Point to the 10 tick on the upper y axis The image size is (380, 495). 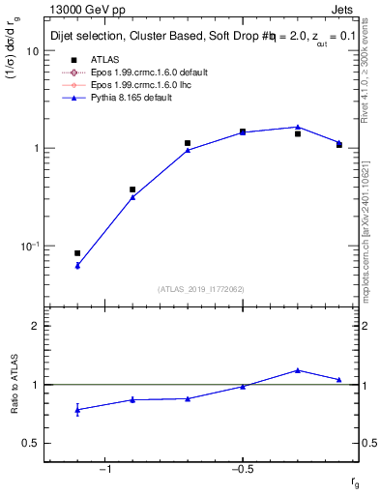click(32, 51)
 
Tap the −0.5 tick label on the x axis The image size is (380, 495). click(241, 470)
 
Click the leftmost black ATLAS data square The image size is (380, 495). click(77, 253)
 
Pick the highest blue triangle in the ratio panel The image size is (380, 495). click(298, 369)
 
